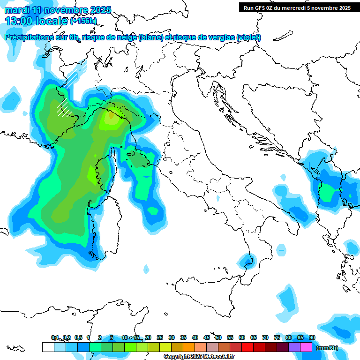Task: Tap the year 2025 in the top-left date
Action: click(x=99, y=10)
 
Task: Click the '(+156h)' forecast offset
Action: click(x=83, y=21)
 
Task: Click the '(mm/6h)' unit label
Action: click(x=327, y=347)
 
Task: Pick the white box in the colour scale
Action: click(x=48, y=347)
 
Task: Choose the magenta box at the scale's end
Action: click(x=306, y=347)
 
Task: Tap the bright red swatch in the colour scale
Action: click(x=247, y=347)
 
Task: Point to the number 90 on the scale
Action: click(x=312, y=337)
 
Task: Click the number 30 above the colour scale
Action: click(x=172, y=337)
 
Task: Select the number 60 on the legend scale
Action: click(x=242, y=337)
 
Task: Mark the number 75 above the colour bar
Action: click(x=277, y=337)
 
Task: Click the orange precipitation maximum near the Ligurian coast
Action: click(x=111, y=114)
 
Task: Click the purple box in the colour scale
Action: click(x=294, y=347)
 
